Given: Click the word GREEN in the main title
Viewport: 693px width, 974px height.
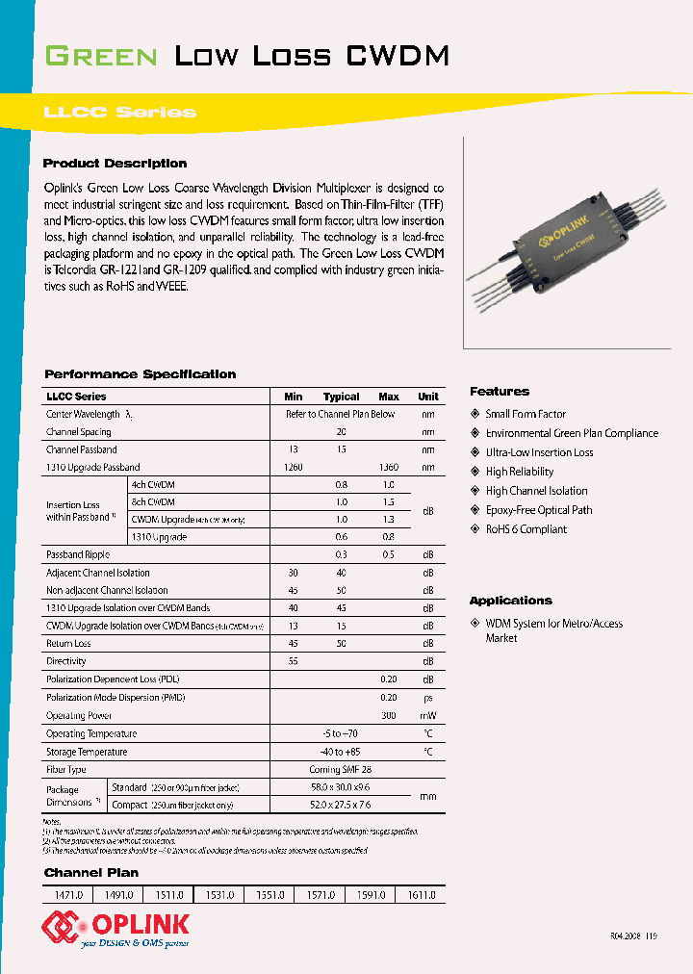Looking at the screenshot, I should click(x=101, y=57).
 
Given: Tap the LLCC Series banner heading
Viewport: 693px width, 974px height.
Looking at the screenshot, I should click(x=119, y=113).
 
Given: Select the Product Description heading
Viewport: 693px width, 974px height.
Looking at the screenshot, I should click(x=115, y=164).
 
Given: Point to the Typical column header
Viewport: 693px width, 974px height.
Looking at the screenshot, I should click(x=341, y=397).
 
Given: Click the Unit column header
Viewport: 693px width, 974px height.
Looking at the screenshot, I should click(x=428, y=397).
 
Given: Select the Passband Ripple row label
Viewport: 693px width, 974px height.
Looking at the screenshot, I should click(x=78, y=555).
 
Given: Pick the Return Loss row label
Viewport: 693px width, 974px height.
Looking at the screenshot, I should click(x=68, y=644).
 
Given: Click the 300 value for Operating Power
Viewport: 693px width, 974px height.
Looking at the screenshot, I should click(x=388, y=715).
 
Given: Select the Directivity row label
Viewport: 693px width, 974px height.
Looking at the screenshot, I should click(x=66, y=661).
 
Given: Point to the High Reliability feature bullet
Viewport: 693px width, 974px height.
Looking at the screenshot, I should click(x=519, y=472).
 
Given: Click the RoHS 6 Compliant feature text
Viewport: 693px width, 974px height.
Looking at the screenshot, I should click(x=526, y=529).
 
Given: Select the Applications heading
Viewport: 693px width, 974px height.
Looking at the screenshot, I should click(x=511, y=601).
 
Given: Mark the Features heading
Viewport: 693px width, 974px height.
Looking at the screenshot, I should click(x=500, y=392).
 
